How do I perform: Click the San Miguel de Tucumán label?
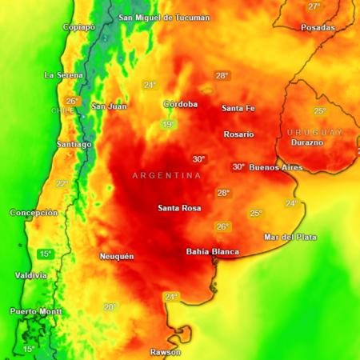tap(164, 18)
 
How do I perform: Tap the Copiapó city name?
tap(79, 26)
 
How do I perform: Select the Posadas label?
tap(318, 27)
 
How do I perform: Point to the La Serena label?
tap(63, 75)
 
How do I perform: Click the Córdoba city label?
tap(180, 105)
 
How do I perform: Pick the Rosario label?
tap(238, 134)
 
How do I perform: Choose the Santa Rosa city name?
tap(179, 209)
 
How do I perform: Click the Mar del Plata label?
tap(290, 237)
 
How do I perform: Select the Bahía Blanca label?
tap(212, 252)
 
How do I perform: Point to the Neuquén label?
tap(116, 256)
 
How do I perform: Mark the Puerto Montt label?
tap(34, 311)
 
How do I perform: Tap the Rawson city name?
tap(166, 352)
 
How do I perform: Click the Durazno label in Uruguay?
tap(306, 142)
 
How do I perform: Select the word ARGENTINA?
tap(166, 175)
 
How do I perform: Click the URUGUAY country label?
tap(314, 131)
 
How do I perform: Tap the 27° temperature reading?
tap(314, 6)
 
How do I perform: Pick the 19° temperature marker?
tap(168, 125)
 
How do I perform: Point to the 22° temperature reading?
tap(62, 183)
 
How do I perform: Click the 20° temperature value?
tap(110, 306)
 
